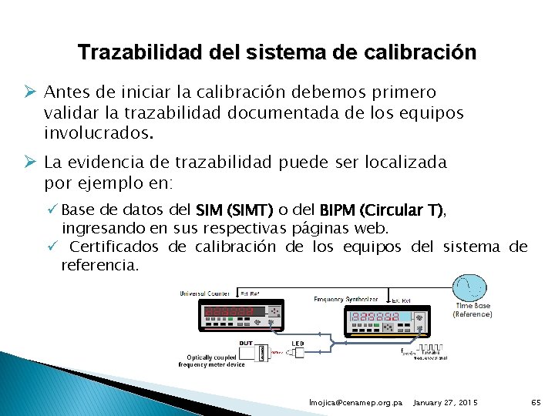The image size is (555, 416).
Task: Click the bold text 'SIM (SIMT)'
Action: tap(234, 210)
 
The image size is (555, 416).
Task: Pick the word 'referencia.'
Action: tap(100, 266)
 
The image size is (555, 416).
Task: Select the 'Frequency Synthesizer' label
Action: tap(345, 298)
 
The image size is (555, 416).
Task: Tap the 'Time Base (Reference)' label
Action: tap(473, 310)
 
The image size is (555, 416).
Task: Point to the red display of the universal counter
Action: tap(228, 313)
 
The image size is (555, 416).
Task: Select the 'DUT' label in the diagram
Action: tap(245, 342)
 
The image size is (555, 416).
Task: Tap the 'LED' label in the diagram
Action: tap(298, 343)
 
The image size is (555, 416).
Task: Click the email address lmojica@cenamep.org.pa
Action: tap(355, 403)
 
